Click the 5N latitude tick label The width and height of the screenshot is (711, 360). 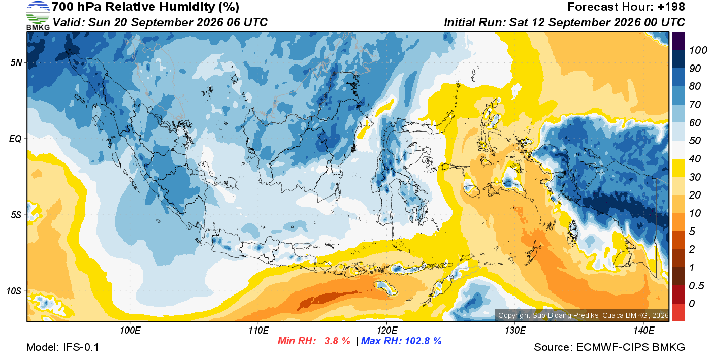[16, 62]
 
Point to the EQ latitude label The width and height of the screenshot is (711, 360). [15, 139]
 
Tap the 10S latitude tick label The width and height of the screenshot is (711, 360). [14, 291]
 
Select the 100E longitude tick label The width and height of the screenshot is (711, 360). [130, 330]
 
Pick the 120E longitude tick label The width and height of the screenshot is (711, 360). [387, 330]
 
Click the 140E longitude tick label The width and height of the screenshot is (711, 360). [643, 330]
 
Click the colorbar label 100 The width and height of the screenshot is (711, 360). [698, 50]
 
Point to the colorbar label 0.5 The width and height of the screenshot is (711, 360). [696, 286]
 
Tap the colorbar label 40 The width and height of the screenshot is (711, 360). [695, 159]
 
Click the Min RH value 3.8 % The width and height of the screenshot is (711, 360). [337, 341]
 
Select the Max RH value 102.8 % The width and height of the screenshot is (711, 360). [424, 341]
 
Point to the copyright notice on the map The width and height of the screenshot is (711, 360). [583, 315]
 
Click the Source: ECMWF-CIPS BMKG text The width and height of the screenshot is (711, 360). [609, 347]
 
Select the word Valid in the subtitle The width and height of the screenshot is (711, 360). [69, 22]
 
